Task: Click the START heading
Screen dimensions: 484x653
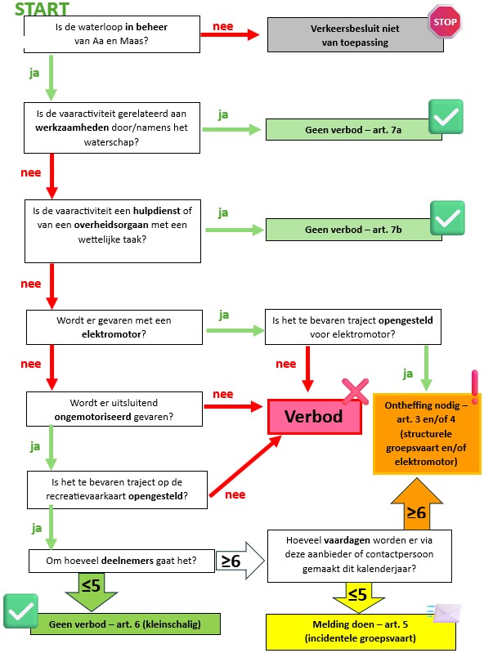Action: click(x=42, y=9)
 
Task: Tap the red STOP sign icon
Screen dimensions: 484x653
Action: click(x=445, y=21)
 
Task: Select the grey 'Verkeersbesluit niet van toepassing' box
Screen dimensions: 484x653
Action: click(x=355, y=35)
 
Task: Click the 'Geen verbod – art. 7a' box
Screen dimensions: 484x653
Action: click(x=353, y=129)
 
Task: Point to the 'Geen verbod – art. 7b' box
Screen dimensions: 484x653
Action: click(x=353, y=230)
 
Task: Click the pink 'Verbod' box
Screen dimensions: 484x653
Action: click(x=314, y=417)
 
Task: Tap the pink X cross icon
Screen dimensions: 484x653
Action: click(x=356, y=391)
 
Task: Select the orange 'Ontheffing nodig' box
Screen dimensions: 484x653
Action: click(x=427, y=433)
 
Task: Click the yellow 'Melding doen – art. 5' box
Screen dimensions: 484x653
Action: click(x=361, y=632)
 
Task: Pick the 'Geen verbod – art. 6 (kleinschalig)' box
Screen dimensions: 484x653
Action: click(x=125, y=624)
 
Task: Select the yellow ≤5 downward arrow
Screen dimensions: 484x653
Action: click(x=358, y=597)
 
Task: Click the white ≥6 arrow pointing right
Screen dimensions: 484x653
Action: click(x=240, y=561)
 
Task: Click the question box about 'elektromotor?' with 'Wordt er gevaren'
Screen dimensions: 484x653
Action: click(x=114, y=327)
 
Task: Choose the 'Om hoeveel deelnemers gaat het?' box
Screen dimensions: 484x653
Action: click(x=122, y=561)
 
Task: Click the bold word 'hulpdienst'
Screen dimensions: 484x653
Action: click(x=157, y=211)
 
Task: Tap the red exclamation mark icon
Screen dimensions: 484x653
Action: click(x=475, y=387)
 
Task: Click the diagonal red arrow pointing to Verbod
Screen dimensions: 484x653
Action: click(x=245, y=466)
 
